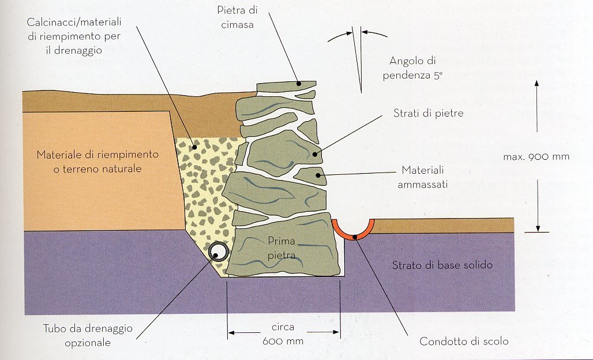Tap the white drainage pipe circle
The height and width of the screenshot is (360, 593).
point(218,251)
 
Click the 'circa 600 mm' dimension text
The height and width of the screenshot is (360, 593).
point(283,335)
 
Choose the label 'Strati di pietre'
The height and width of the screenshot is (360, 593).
point(428,113)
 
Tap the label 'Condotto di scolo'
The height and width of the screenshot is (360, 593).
point(464,341)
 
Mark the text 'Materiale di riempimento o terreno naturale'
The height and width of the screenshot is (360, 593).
point(89,162)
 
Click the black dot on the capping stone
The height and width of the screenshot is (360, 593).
point(298,84)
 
